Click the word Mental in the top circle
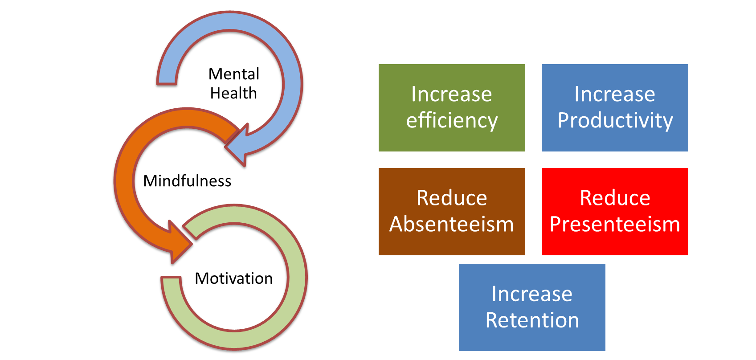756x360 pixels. [x=234, y=74]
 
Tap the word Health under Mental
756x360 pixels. [x=233, y=93]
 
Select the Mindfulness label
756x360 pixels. [x=187, y=181]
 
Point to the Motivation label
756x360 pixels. [x=234, y=278]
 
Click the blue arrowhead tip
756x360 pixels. [x=225, y=147]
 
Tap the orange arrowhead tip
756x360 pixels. [x=192, y=243]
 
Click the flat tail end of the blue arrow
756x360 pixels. [x=167, y=83]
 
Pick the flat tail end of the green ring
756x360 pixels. [x=171, y=278]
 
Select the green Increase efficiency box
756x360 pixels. [x=452, y=108]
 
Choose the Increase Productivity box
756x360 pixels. [x=615, y=108]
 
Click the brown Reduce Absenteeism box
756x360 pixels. [x=452, y=212]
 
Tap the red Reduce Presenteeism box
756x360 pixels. [x=615, y=212]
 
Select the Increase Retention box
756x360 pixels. [x=532, y=307]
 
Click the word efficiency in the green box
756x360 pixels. [x=452, y=121]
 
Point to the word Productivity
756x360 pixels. [x=615, y=121]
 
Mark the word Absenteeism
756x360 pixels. [x=452, y=224]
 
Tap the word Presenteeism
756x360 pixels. [x=615, y=224]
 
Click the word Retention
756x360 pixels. [x=532, y=320]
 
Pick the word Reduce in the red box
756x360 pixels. [x=615, y=198]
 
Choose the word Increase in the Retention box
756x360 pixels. [x=532, y=294]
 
